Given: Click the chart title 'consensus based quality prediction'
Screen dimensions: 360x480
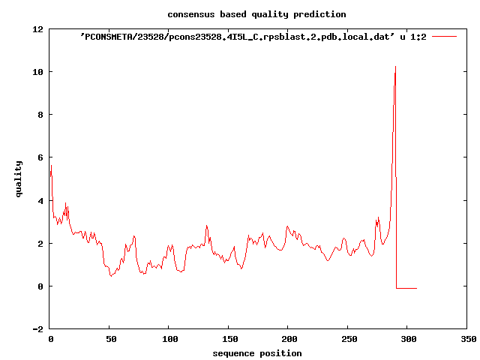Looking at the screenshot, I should click(x=256, y=14).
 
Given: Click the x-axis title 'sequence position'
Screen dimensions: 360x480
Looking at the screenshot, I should click(x=257, y=353).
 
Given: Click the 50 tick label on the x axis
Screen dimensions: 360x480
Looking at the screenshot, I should click(x=109, y=340).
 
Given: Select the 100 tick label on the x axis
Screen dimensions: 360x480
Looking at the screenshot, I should click(x=169, y=340).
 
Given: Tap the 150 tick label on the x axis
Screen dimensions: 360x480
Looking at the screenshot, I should click(x=229, y=340).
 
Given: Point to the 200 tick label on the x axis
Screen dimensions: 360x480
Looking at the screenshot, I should click(x=288, y=340).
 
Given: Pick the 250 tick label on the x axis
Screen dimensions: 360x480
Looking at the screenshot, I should click(x=348, y=340).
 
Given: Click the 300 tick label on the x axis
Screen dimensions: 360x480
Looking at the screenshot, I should click(x=407, y=340).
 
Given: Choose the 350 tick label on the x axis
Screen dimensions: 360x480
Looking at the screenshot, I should click(x=466, y=340).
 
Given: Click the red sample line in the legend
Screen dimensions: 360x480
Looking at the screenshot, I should click(x=444, y=36).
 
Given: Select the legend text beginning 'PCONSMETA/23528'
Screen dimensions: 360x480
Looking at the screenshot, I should click(x=253, y=36).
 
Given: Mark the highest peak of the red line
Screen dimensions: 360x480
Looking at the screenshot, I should click(x=395, y=67).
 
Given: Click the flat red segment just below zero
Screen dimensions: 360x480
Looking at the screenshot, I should click(x=406, y=288).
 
